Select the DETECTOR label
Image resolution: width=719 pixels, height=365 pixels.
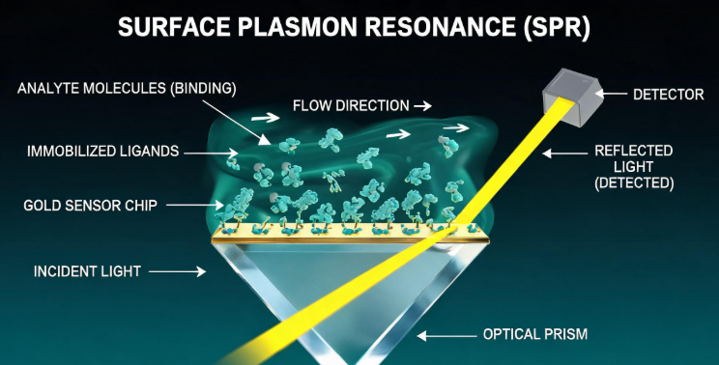pyautogui.click(x=668, y=95)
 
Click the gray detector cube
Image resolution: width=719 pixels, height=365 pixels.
pyautogui.click(x=572, y=97)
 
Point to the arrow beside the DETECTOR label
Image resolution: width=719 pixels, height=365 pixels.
pyautogui.click(x=611, y=94)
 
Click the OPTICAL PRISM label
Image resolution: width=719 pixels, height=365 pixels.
pyautogui.click(x=535, y=334)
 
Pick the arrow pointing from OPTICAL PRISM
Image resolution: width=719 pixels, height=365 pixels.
pyautogui.click(x=446, y=336)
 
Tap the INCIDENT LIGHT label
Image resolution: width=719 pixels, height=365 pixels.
pyautogui.click(x=87, y=271)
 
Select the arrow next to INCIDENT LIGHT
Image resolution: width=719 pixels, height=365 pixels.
pyautogui.click(x=177, y=271)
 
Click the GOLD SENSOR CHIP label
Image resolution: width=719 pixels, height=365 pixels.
pyautogui.click(x=90, y=205)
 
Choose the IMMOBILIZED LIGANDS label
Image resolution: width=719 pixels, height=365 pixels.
pyautogui.click(x=102, y=152)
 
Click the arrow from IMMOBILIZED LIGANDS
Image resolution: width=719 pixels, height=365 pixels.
pyautogui.click(x=211, y=154)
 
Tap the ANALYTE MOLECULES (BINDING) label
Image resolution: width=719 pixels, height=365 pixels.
pyautogui.click(x=127, y=89)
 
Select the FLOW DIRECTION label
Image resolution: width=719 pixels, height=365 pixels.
pyautogui.click(x=351, y=106)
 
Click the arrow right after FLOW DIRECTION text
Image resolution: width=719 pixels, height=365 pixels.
pyautogui.click(x=422, y=106)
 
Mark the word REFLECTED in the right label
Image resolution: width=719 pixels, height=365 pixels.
pyautogui.click(x=634, y=151)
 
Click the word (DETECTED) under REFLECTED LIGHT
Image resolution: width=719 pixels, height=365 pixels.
pyautogui.click(x=634, y=183)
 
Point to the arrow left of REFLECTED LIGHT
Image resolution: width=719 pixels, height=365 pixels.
pyautogui.click(x=564, y=154)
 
